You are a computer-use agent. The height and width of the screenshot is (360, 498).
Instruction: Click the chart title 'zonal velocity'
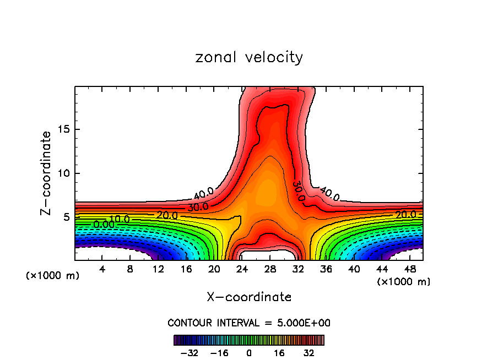249,57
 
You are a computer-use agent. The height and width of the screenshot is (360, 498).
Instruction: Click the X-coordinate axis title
249,297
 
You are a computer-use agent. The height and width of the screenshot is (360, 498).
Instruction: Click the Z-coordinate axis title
46,173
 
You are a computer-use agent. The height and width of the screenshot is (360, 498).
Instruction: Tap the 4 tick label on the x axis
101,269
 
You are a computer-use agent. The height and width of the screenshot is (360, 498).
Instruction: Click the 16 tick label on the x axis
186,269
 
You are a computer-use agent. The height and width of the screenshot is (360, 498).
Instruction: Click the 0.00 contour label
104,224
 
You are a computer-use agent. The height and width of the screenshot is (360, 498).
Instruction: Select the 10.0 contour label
118,219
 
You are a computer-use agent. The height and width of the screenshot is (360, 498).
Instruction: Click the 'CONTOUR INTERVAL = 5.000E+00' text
249,323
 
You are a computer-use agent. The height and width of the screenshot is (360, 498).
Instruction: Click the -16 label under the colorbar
219,353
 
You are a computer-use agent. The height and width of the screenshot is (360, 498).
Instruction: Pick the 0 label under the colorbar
249,353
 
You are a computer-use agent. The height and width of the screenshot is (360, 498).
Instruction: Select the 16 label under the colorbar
279,353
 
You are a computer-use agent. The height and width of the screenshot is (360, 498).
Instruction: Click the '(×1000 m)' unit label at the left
52,276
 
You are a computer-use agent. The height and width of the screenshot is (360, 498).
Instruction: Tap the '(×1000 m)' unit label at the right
404,281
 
